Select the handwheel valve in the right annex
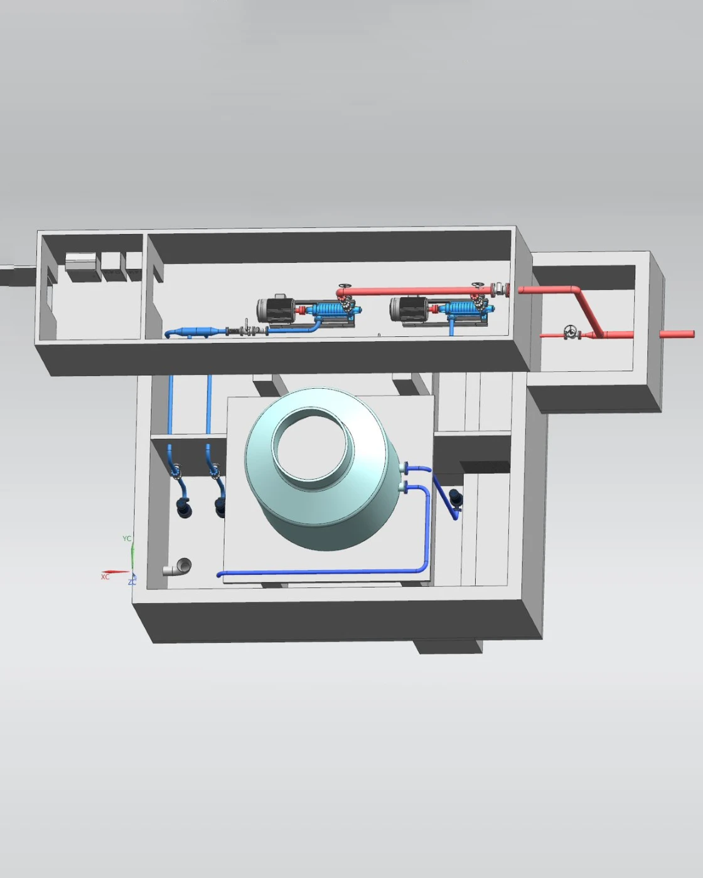(x=569, y=332)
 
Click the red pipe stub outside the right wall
(x=677, y=334)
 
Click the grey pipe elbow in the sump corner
(x=178, y=567)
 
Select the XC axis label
(x=105, y=577)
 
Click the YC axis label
(x=127, y=539)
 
